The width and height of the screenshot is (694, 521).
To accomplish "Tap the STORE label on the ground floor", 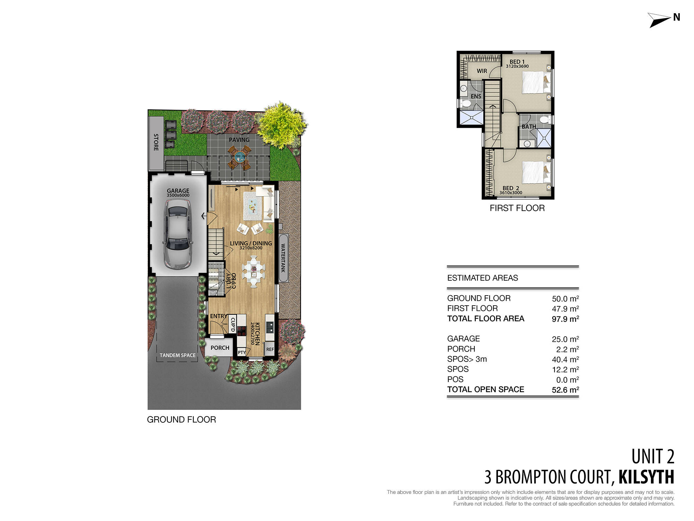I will coord(156,142).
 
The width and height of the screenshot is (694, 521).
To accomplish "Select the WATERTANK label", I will coord(283,258).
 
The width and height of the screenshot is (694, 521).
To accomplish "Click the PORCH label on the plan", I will coord(220,348).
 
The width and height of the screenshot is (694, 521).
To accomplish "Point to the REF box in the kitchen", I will coord(270,349).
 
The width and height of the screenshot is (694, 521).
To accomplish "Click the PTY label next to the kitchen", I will coord(242,353).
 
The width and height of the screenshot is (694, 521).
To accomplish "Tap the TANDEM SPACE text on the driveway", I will coord(177,355).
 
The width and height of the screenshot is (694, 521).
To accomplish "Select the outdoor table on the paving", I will coord(240,157).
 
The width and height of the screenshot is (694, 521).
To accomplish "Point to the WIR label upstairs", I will coord(482,71).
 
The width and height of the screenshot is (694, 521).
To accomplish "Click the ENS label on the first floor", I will coord(476,97).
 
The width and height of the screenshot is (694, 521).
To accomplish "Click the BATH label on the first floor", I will coord(529,127).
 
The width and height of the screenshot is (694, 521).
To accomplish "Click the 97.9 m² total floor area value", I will coord(565,319).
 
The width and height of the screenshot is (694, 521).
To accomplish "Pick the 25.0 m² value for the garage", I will coord(565,339).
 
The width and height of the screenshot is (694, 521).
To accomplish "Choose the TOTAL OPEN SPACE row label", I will coord(485,389).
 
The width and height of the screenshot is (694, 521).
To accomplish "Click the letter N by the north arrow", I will coord(676,17).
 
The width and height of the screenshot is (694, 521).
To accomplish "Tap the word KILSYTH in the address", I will coord(646,477).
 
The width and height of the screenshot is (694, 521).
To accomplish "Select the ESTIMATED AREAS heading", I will coord(482,278).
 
